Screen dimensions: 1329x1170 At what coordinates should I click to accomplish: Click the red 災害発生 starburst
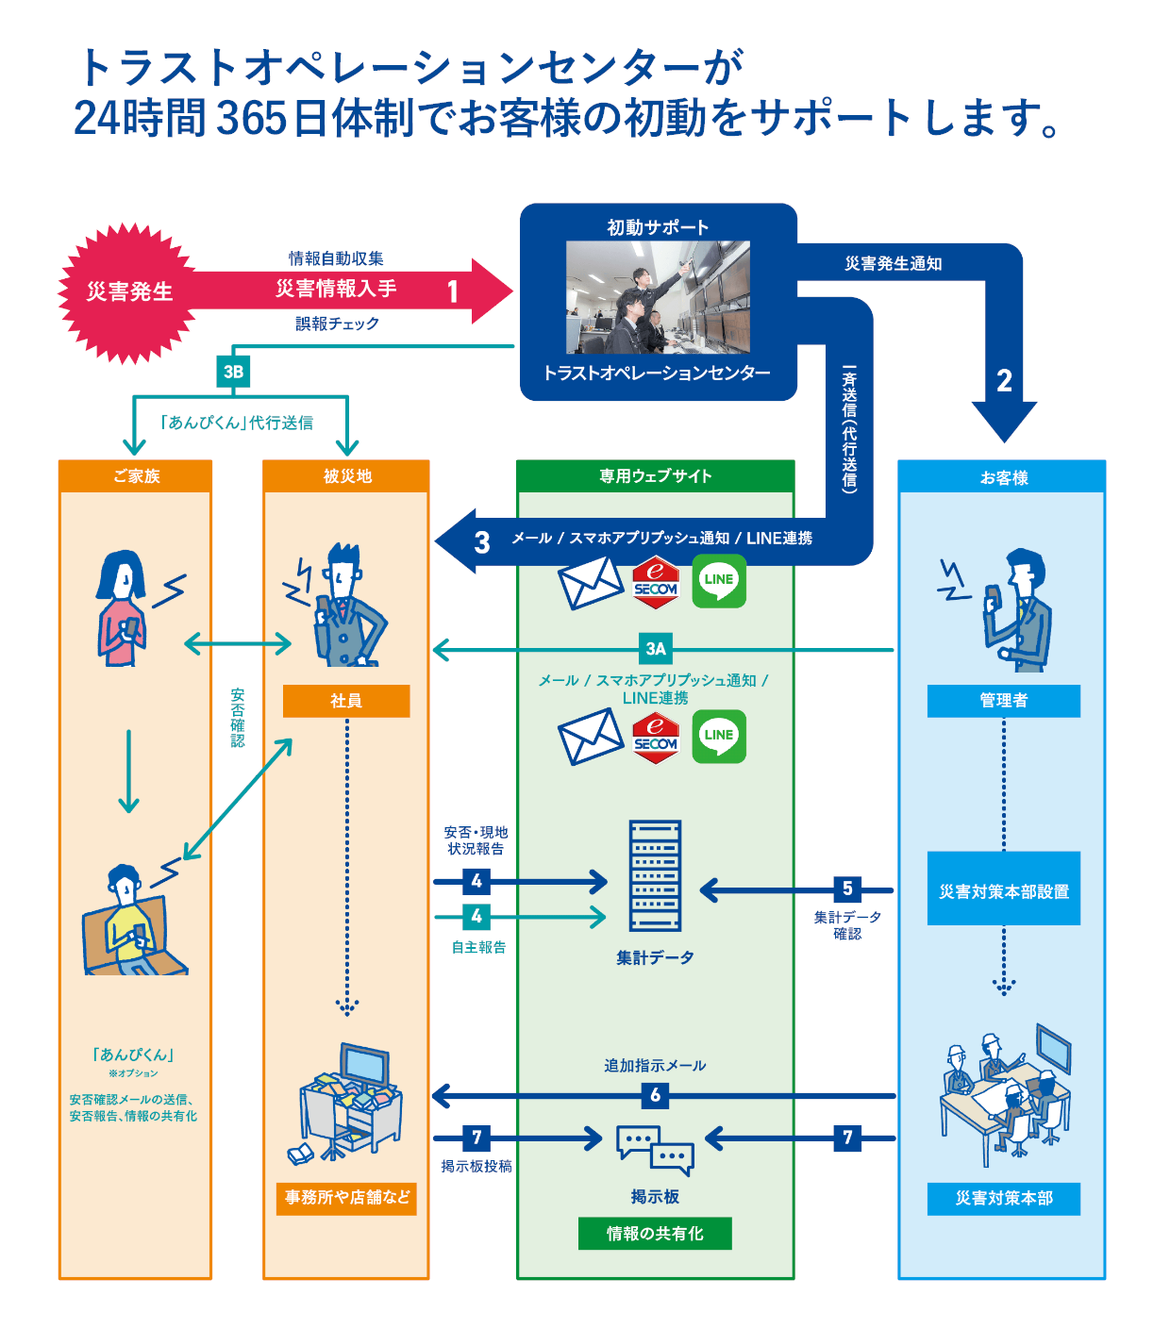pos(129,292)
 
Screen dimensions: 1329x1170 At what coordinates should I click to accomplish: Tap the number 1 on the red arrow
pos(453,291)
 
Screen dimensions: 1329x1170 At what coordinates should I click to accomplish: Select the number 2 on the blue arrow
pos(1004,381)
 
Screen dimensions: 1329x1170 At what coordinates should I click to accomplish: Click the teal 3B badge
pos(233,372)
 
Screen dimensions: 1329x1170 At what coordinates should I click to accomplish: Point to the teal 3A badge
pos(656,649)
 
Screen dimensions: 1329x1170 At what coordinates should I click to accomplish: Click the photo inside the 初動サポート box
pos(658,296)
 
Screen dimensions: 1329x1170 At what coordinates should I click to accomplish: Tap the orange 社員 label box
pos(346,701)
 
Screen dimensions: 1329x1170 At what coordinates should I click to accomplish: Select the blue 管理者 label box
pos(1003,701)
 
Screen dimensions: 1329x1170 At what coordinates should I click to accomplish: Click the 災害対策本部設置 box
pos(1003,890)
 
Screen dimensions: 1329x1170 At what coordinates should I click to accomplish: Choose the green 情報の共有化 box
pos(655,1234)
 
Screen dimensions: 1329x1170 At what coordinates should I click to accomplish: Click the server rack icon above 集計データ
pos(655,876)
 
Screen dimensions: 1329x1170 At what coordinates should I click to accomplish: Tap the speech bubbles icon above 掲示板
pos(655,1149)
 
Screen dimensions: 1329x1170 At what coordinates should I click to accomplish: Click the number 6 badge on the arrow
pos(655,1095)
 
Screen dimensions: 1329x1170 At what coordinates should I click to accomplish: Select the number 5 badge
pos(847,889)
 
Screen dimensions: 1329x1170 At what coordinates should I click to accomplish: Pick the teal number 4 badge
pos(476,916)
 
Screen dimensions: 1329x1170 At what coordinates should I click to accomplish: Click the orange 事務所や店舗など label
pos(346,1198)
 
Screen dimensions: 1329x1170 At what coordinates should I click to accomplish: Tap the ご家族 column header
pos(136,476)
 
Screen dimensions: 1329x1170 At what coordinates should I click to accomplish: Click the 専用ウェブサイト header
pos(655,476)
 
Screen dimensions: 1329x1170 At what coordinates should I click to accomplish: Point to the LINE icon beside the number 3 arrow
pos(719,581)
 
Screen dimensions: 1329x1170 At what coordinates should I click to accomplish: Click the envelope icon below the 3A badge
pos(591,737)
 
